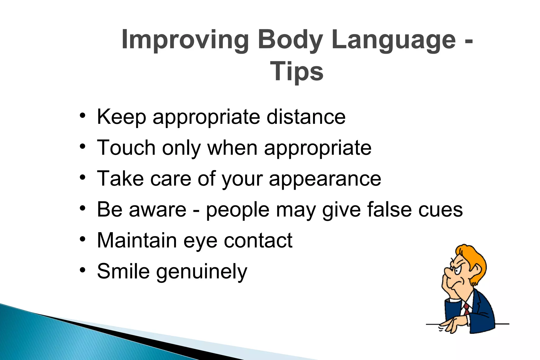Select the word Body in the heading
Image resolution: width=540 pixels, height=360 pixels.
(x=290, y=40)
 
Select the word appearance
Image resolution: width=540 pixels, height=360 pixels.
(x=325, y=179)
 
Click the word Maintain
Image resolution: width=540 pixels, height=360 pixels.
(x=137, y=240)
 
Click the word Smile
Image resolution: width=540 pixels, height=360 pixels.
(x=123, y=271)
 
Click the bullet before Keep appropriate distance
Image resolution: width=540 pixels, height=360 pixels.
(x=83, y=116)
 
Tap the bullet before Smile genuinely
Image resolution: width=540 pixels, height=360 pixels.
(x=83, y=270)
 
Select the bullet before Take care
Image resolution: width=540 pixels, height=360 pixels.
(x=83, y=177)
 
